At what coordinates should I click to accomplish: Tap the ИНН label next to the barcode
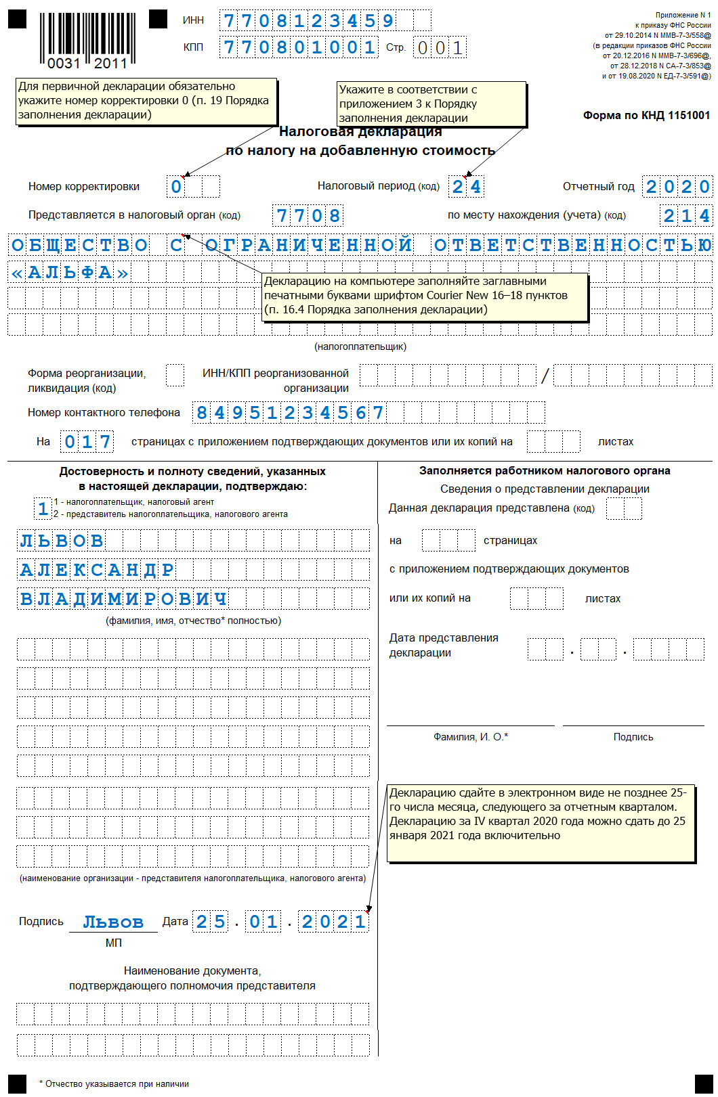(x=193, y=20)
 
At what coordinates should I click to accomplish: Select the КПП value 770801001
(x=299, y=47)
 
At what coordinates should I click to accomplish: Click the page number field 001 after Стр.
(x=440, y=47)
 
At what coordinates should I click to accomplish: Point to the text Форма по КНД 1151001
(x=646, y=115)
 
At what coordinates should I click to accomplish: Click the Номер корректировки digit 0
(x=176, y=187)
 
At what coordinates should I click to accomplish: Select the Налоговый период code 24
(x=467, y=187)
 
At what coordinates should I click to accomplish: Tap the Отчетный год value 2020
(x=677, y=187)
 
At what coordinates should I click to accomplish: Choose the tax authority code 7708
(x=308, y=216)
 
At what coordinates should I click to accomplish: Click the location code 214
(x=686, y=216)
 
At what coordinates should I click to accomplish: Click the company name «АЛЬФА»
(x=70, y=272)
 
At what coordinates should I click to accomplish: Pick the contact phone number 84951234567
(x=289, y=412)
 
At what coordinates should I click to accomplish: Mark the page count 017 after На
(x=87, y=442)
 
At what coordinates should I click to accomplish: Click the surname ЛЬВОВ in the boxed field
(x=62, y=541)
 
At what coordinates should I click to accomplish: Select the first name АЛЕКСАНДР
(x=97, y=570)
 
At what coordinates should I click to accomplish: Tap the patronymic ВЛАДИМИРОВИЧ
(x=123, y=599)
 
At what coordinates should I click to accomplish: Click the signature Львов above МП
(x=113, y=922)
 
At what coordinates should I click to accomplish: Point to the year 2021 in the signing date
(x=334, y=922)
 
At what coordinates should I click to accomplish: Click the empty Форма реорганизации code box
(x=175, y=374)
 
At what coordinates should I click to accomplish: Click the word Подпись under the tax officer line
(x=633, y=737)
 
